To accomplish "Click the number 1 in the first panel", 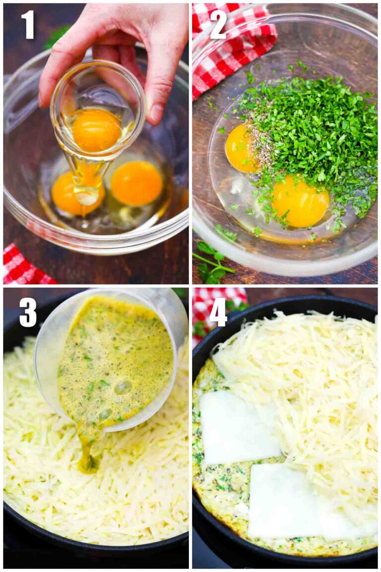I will tap(28, 25).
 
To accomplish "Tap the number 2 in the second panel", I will tap(218, 25).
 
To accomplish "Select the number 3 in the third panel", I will tap(28, 312).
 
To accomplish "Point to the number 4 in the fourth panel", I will tap(218, 312).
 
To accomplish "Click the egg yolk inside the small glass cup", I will tap(96, 130).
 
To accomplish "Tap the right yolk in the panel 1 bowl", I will tap(136, 183).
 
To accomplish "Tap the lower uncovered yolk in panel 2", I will tap(300, 201).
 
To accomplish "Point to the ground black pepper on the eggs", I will tap(260, 144).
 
